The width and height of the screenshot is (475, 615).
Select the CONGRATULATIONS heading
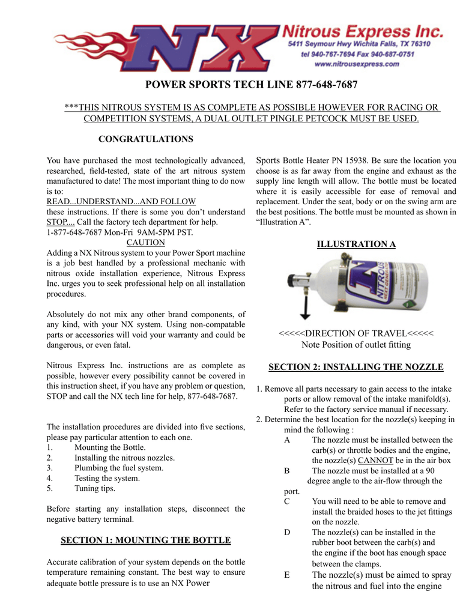point(145,139)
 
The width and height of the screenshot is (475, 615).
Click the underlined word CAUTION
point(145,243)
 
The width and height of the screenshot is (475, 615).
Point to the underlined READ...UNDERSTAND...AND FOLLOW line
point(121,201)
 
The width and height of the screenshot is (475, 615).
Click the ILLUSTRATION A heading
point(356,244)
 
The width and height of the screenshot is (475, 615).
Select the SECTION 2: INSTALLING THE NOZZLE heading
point(356,367)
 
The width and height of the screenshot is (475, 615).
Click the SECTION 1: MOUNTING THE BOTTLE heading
point(146,540)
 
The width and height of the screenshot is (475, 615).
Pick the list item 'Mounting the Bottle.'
point(110,447)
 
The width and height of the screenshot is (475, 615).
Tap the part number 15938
point(357,160)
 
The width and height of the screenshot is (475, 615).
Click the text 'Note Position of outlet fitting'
point(356,345)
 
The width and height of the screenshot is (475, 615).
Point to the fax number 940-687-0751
point(390,54)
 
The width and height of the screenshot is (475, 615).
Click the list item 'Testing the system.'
point(107,478)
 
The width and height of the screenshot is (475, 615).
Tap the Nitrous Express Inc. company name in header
point(363,30)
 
